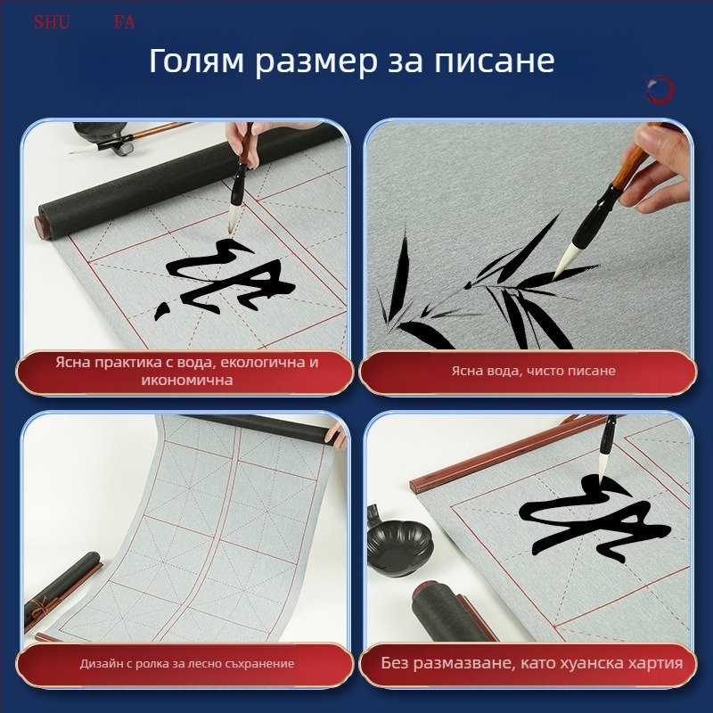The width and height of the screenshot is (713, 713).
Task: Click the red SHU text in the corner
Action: pyautogui.click(x=52, y=22)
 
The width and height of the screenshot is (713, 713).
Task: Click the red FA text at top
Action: pyautogui.click(x=124, y=22)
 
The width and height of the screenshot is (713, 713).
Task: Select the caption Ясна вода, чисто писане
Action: pyautogui.click(x=533, y=371)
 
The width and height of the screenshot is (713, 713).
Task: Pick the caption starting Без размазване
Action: pyautogui.click(x=532, y=664)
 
